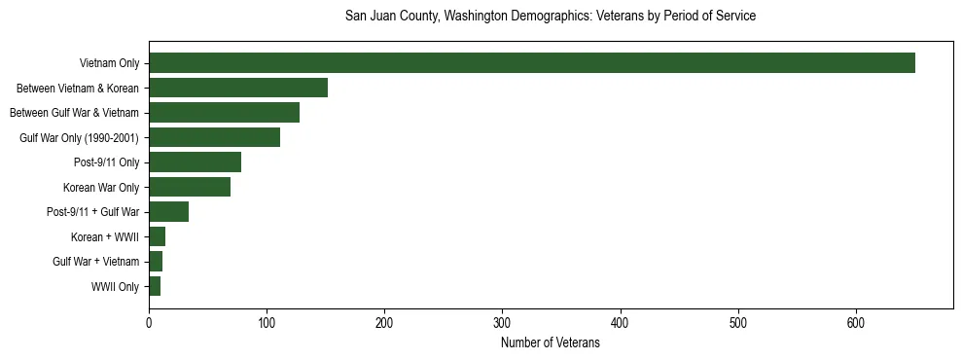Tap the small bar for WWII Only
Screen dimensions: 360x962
155,286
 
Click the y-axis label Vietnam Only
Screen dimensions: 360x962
109,64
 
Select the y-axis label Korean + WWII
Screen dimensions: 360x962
105,237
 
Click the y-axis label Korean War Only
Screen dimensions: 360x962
101,188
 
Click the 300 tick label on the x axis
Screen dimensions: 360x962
502,323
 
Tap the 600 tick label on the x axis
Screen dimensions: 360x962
856,323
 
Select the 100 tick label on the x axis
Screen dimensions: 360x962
267,323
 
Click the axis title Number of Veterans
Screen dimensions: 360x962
550,342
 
